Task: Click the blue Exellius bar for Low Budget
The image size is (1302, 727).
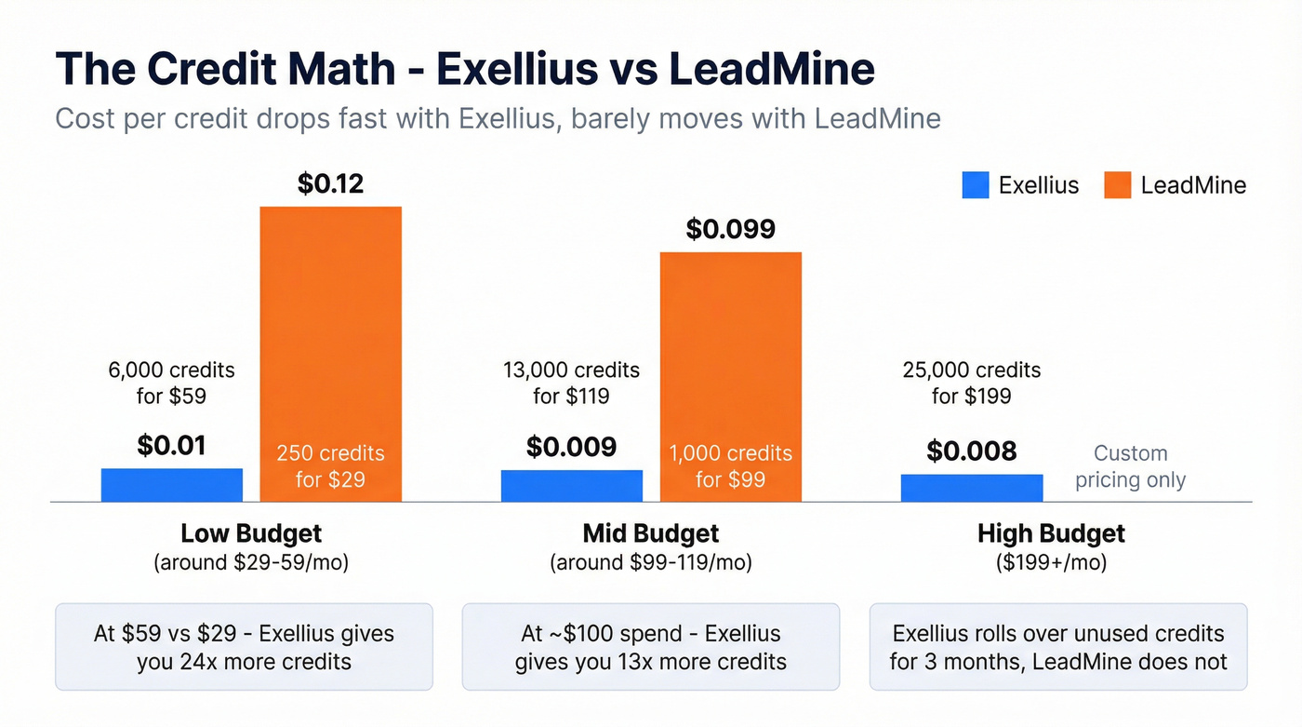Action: pos(171,485)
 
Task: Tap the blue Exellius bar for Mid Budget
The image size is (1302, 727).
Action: pos(571,486)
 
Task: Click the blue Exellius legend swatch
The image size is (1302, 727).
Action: pos(975,185)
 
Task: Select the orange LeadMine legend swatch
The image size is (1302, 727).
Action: pos(1117,185)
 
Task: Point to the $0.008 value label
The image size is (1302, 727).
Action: pos(971,451)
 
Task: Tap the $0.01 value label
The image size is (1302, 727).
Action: pos(171,446)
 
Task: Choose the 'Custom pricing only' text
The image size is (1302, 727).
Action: pos(1130,466)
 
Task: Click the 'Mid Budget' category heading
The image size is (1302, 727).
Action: pos(650,533)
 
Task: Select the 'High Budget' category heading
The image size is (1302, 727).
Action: pos(1051,533)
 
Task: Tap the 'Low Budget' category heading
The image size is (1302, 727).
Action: pos(251,533)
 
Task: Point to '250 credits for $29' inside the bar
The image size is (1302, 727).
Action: pos(330,466)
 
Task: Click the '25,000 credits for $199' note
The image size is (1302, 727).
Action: pos(971,383)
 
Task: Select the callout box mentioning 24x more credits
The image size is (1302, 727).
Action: pos(244,647)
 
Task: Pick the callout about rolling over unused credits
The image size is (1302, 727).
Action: pos(1057,647)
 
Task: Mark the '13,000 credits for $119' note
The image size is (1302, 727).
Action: pos(571,383)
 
